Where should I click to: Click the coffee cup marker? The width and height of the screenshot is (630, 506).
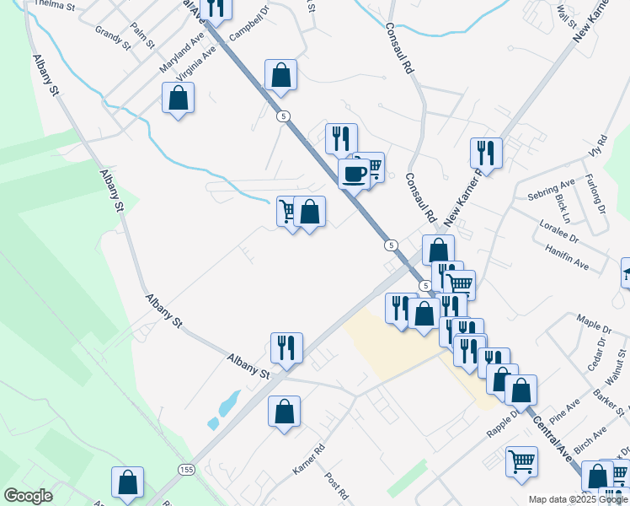354,174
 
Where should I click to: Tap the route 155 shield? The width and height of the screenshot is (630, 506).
185,469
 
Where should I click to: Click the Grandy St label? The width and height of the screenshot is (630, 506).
113,38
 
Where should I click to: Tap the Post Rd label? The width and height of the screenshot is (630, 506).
336,486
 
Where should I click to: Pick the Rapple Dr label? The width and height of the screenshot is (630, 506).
504,424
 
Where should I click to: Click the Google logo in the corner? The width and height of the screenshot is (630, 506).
28,496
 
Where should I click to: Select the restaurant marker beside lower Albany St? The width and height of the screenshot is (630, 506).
286,347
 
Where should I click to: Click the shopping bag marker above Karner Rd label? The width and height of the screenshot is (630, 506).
285,412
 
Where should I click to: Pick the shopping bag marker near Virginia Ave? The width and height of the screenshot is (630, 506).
179,98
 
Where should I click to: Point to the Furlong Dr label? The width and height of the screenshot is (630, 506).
597,194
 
